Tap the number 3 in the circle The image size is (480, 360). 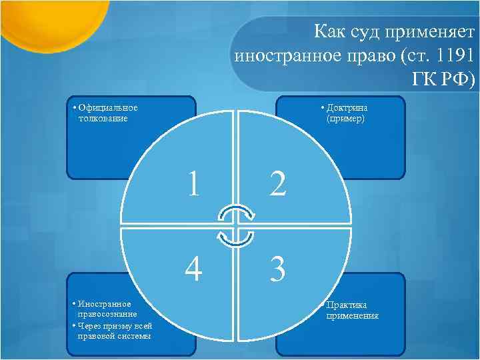(x=278, y=269)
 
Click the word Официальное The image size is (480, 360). (x=108, y=108)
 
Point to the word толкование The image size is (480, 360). (x=102, y=118)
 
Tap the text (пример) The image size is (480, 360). (x=345, y=118)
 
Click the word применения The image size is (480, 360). (x=352, y=315)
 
